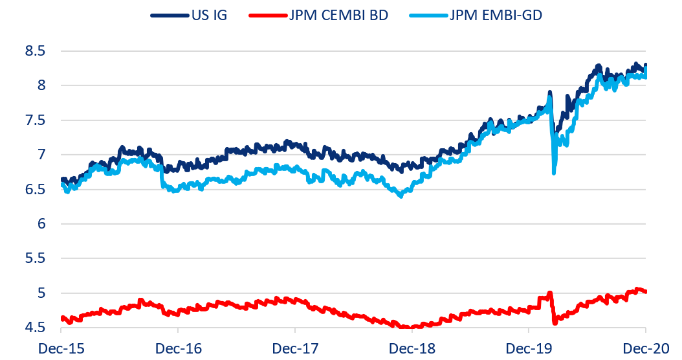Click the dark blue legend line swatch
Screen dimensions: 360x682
(x=170, y=15)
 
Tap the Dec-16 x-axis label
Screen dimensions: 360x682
(x=178, y=348)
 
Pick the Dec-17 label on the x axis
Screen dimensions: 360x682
(x=295, y=348)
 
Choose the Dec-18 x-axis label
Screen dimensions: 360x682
(x=412, y=348)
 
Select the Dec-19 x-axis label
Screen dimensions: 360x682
(x=529, y=348)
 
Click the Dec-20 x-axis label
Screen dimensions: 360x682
(x=645, y=348)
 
